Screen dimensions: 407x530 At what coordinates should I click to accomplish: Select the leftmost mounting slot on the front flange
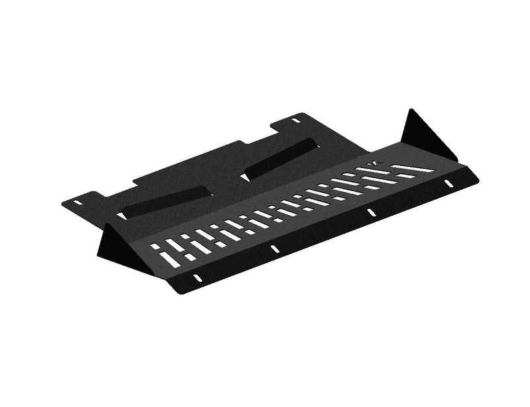click(x=196, y=277)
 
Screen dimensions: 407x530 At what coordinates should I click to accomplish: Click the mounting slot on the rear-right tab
click(x=295, y=121)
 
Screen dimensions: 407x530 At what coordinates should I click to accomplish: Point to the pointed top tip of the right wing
click(x=410, y=110)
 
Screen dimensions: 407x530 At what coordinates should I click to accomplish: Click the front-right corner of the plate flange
click(x=478, y=177)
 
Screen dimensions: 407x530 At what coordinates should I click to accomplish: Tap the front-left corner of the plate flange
click(x=179, y=291)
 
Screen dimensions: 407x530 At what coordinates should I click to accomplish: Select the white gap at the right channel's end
click(x=244, y=177)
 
